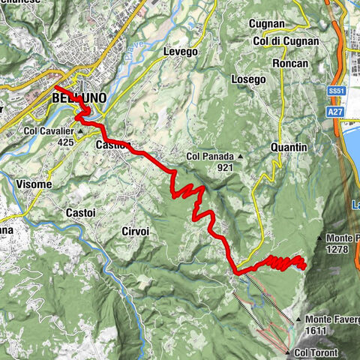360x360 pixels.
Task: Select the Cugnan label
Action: coord(266,24)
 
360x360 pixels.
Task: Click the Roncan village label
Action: coord(291,63)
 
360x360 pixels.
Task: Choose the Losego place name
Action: coord(249,79)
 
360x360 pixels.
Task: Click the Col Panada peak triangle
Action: coord(240,157)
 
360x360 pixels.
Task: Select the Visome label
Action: coord(33,184)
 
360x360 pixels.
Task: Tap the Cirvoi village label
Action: coord(135,232)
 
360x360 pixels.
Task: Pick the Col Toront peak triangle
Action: coord(289,352)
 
